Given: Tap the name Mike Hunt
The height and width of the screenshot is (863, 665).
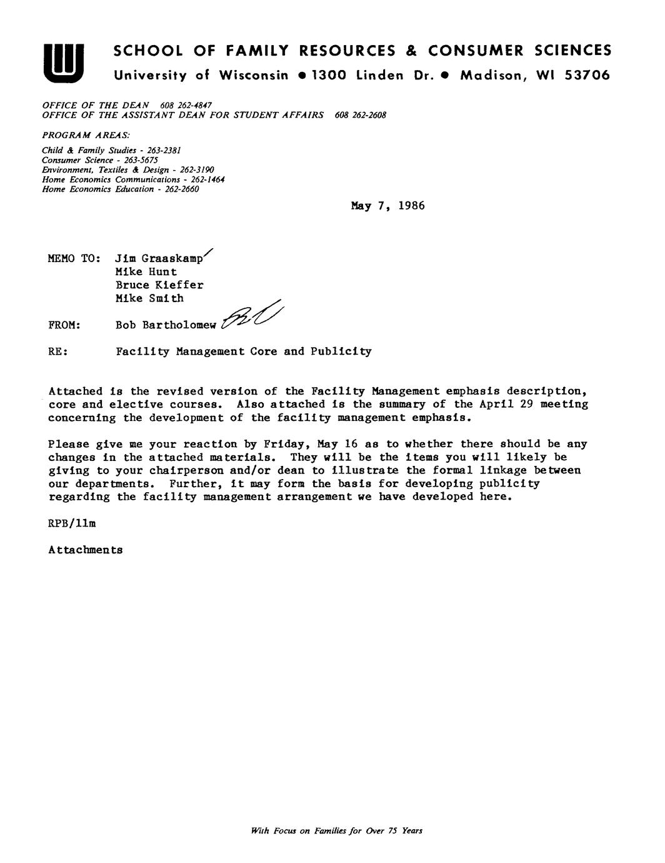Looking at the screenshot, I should coord(146,272).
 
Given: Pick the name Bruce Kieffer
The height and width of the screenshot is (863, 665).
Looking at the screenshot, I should coord(159,285).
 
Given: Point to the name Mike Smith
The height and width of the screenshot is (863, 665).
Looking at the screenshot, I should coord(149,298).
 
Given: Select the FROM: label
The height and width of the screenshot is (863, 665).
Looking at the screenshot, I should coord(64,325).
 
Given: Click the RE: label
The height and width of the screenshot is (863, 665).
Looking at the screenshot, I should coord(57,352).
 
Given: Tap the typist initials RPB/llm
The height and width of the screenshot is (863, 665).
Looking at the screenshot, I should coord(72,523).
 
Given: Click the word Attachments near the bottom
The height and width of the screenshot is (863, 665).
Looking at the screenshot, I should coord(85,550).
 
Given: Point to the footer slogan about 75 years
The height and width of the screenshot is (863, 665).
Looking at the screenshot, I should coord(336,831).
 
